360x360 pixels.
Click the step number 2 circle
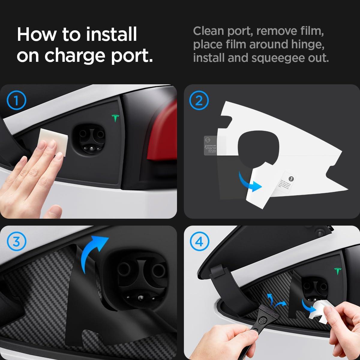(x=199, y=101)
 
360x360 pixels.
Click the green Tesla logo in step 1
(x=115, y=118)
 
